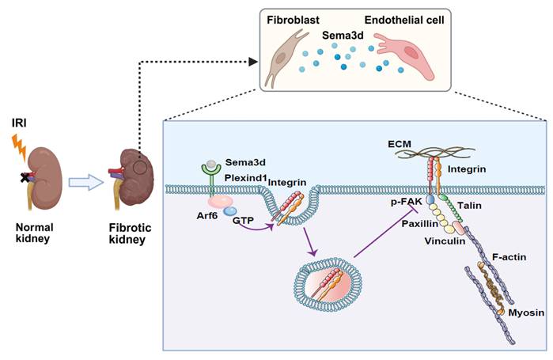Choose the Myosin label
click(526, 313)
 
